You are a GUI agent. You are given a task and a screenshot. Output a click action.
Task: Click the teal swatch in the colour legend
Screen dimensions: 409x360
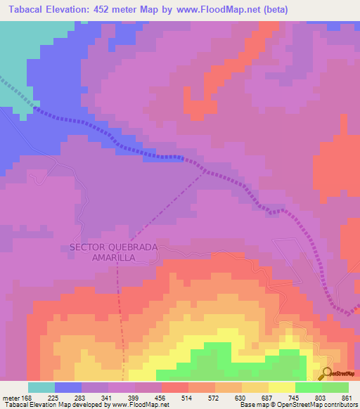pos(41,387)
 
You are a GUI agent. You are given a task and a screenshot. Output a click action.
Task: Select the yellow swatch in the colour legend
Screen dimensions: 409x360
pos(282,387)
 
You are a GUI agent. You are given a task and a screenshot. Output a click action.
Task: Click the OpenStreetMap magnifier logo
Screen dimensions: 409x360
pos(328,373)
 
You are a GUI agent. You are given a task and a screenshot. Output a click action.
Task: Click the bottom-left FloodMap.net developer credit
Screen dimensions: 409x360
pos(84,405)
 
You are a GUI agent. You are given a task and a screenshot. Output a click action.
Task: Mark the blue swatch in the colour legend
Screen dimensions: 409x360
pos(68,387)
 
